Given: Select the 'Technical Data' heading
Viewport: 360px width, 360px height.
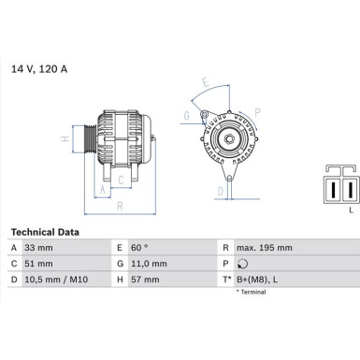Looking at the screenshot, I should [x=45, y=230].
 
